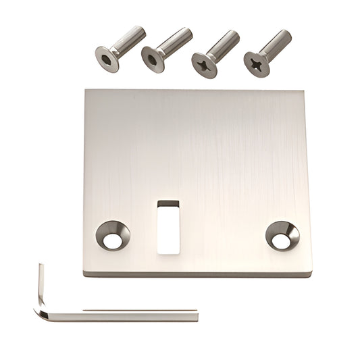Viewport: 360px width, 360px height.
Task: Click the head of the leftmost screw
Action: (x=107, y=59)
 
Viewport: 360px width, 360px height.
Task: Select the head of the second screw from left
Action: (x=153, y=59)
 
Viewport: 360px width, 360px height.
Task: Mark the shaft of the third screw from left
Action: (x=224, y=44)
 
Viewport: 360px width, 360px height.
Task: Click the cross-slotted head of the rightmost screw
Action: (x=256, y=63)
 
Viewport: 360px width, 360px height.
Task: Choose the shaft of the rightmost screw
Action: (x=277, y=44)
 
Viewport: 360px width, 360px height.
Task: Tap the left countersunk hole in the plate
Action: (x=113, y=235)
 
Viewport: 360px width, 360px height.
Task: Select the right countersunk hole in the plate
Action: (x=282, y=235)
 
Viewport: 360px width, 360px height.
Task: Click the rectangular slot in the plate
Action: (x=168, y=228)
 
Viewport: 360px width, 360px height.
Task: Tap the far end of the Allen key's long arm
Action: (x=196, y=315)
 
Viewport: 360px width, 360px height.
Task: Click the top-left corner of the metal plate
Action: (x=86, y=91)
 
